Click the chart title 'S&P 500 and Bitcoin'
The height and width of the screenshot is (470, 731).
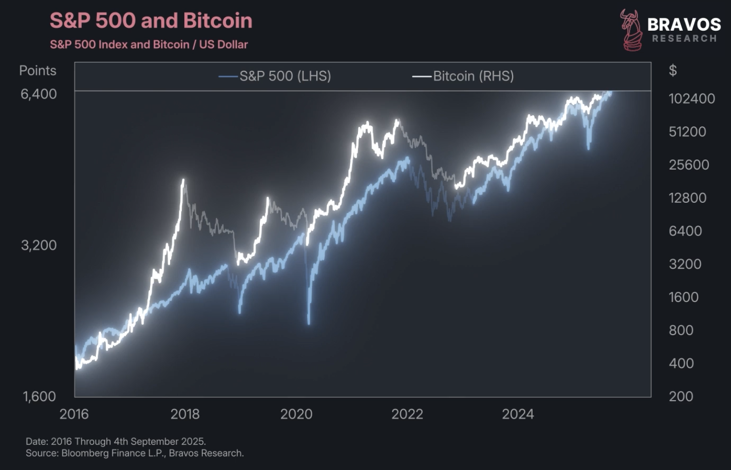point(151,21)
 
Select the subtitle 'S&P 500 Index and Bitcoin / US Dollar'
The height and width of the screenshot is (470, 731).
point(149,44)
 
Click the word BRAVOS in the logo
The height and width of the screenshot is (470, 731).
point(684,24)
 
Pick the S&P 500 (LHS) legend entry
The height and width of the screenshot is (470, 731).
point(275,76)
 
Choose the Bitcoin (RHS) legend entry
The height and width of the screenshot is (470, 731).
point(463,76)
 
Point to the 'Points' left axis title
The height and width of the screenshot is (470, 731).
point(38,70)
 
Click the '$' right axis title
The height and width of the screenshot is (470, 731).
point(673,70)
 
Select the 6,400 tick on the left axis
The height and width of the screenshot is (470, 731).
point(39,94)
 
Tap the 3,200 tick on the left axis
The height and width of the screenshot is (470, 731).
point(39,245)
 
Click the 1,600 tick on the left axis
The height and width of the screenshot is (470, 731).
point(39,397)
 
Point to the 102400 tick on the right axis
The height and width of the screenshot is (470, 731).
point(692,99)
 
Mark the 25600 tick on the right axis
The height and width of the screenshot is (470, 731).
point(689,165)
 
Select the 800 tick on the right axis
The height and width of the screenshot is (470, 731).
point(681,330)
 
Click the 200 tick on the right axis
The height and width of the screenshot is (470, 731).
point(681,397)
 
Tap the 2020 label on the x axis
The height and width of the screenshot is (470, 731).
point(296,414)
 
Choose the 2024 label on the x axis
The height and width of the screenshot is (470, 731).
point(518,414)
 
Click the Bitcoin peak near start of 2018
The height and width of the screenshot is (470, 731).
point(183,180)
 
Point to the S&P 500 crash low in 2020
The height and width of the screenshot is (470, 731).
point(309,323)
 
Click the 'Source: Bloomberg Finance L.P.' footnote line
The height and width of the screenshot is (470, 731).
point(135,453)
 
